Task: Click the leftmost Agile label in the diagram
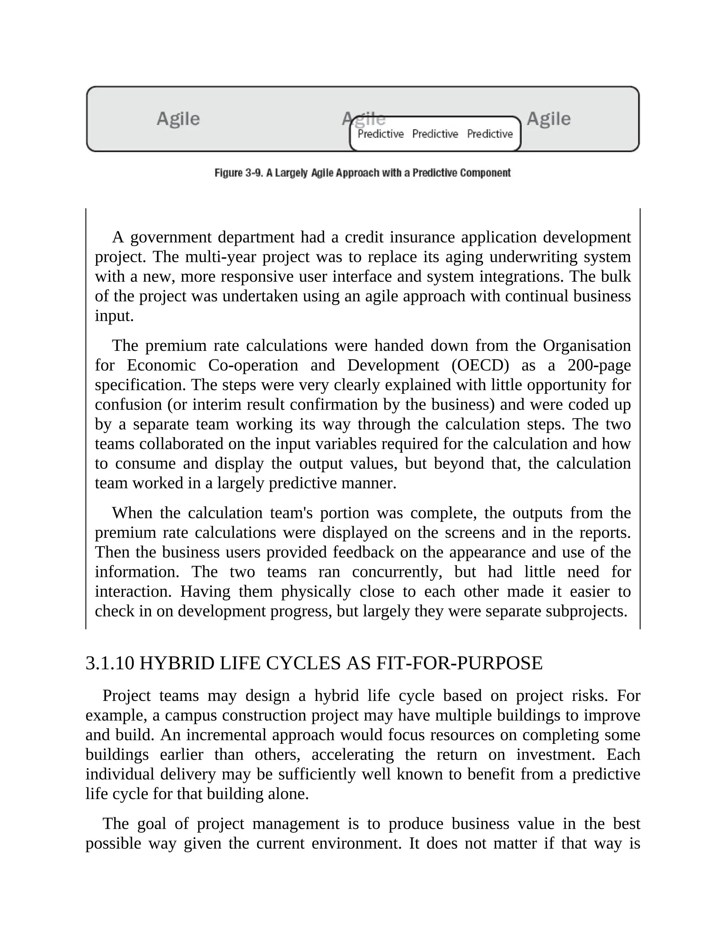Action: click(178, 119)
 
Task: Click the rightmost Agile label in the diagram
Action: click(548, 119)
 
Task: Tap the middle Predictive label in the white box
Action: click(435, 134)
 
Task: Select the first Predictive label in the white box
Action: click(380, 134)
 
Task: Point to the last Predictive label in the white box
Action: click(490, 134)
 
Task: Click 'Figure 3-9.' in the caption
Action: click(238, 173)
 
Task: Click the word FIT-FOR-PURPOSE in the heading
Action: click(459, 663)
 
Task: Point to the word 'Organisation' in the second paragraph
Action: click(587, 345)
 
